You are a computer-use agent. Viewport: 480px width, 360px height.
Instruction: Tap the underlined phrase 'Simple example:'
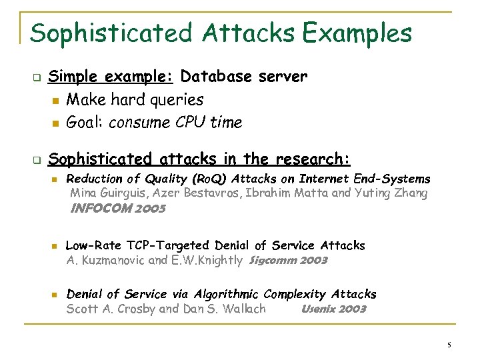pos(111,77)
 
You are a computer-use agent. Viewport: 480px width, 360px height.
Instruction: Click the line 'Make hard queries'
pos(135,100)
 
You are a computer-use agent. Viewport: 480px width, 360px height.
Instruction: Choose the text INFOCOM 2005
pos(117,208)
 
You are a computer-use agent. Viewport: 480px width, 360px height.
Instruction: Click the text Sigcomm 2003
pos(288,261)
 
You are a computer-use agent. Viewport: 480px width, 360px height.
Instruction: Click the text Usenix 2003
pos(333,309)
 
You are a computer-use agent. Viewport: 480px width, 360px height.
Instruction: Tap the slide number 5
pos(449,345)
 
